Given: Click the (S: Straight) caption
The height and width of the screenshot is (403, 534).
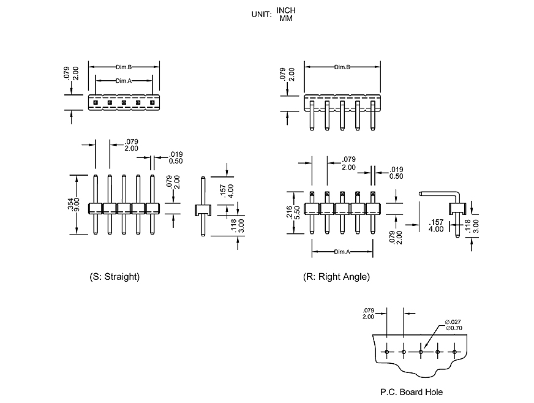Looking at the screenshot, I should click(x=115, y=277).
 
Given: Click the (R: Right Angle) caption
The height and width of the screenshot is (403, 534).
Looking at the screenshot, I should click(x=336, y=277).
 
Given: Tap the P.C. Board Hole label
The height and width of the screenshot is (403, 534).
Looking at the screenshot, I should click(x=411, y=392).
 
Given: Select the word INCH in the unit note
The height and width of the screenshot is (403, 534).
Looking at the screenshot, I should click(x=286, y=10).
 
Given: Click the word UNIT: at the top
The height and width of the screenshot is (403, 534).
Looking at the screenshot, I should click(x=261, y=14).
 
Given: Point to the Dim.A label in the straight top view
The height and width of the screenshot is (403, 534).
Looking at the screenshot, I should click(x=124, y=81).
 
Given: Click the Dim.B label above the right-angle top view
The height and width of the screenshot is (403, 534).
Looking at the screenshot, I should click(x=342, y=67).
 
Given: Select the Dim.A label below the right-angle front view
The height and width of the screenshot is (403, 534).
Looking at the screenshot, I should click(x=342, y=252).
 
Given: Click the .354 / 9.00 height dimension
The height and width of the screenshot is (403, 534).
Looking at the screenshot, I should click(x=72, y=205).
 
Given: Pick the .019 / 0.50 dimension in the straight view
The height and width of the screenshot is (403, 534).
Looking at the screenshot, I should click(x=176, y=157).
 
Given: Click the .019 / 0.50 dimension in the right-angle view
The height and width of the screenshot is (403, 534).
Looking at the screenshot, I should click(x=396, y=173).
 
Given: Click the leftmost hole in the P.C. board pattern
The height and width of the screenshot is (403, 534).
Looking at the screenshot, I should click(x=387, y=352).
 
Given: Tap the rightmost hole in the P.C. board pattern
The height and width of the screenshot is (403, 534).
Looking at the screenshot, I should click(x=454, y=352).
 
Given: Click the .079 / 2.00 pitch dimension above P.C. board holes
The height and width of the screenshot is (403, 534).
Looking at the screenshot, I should click(x=368, y=312).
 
